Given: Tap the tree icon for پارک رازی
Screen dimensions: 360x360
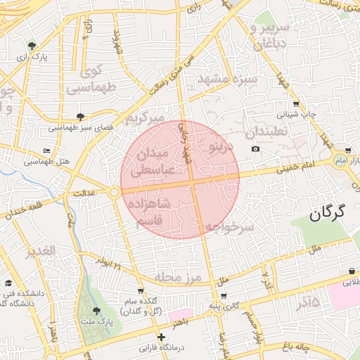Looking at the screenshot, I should click(30, 46).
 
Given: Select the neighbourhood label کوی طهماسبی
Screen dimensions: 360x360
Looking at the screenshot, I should click(91, 79).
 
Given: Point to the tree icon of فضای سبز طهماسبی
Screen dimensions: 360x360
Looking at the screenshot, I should click(80, 117).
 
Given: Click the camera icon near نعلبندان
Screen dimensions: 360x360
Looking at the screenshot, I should click(255, 148).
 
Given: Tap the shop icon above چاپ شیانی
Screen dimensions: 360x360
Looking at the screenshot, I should click(296, 103).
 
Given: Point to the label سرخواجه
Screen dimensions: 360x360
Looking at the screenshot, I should click(229, 228).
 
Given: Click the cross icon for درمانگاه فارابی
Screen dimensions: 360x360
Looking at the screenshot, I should click(162, 337).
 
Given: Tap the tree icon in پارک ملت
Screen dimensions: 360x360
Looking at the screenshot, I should click(96, 309).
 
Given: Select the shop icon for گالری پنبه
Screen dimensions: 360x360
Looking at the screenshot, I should click(224, 295).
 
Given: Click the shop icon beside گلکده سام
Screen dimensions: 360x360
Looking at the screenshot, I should click(141, 290).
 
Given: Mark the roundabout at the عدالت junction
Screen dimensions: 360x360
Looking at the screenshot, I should click(114, 192).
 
